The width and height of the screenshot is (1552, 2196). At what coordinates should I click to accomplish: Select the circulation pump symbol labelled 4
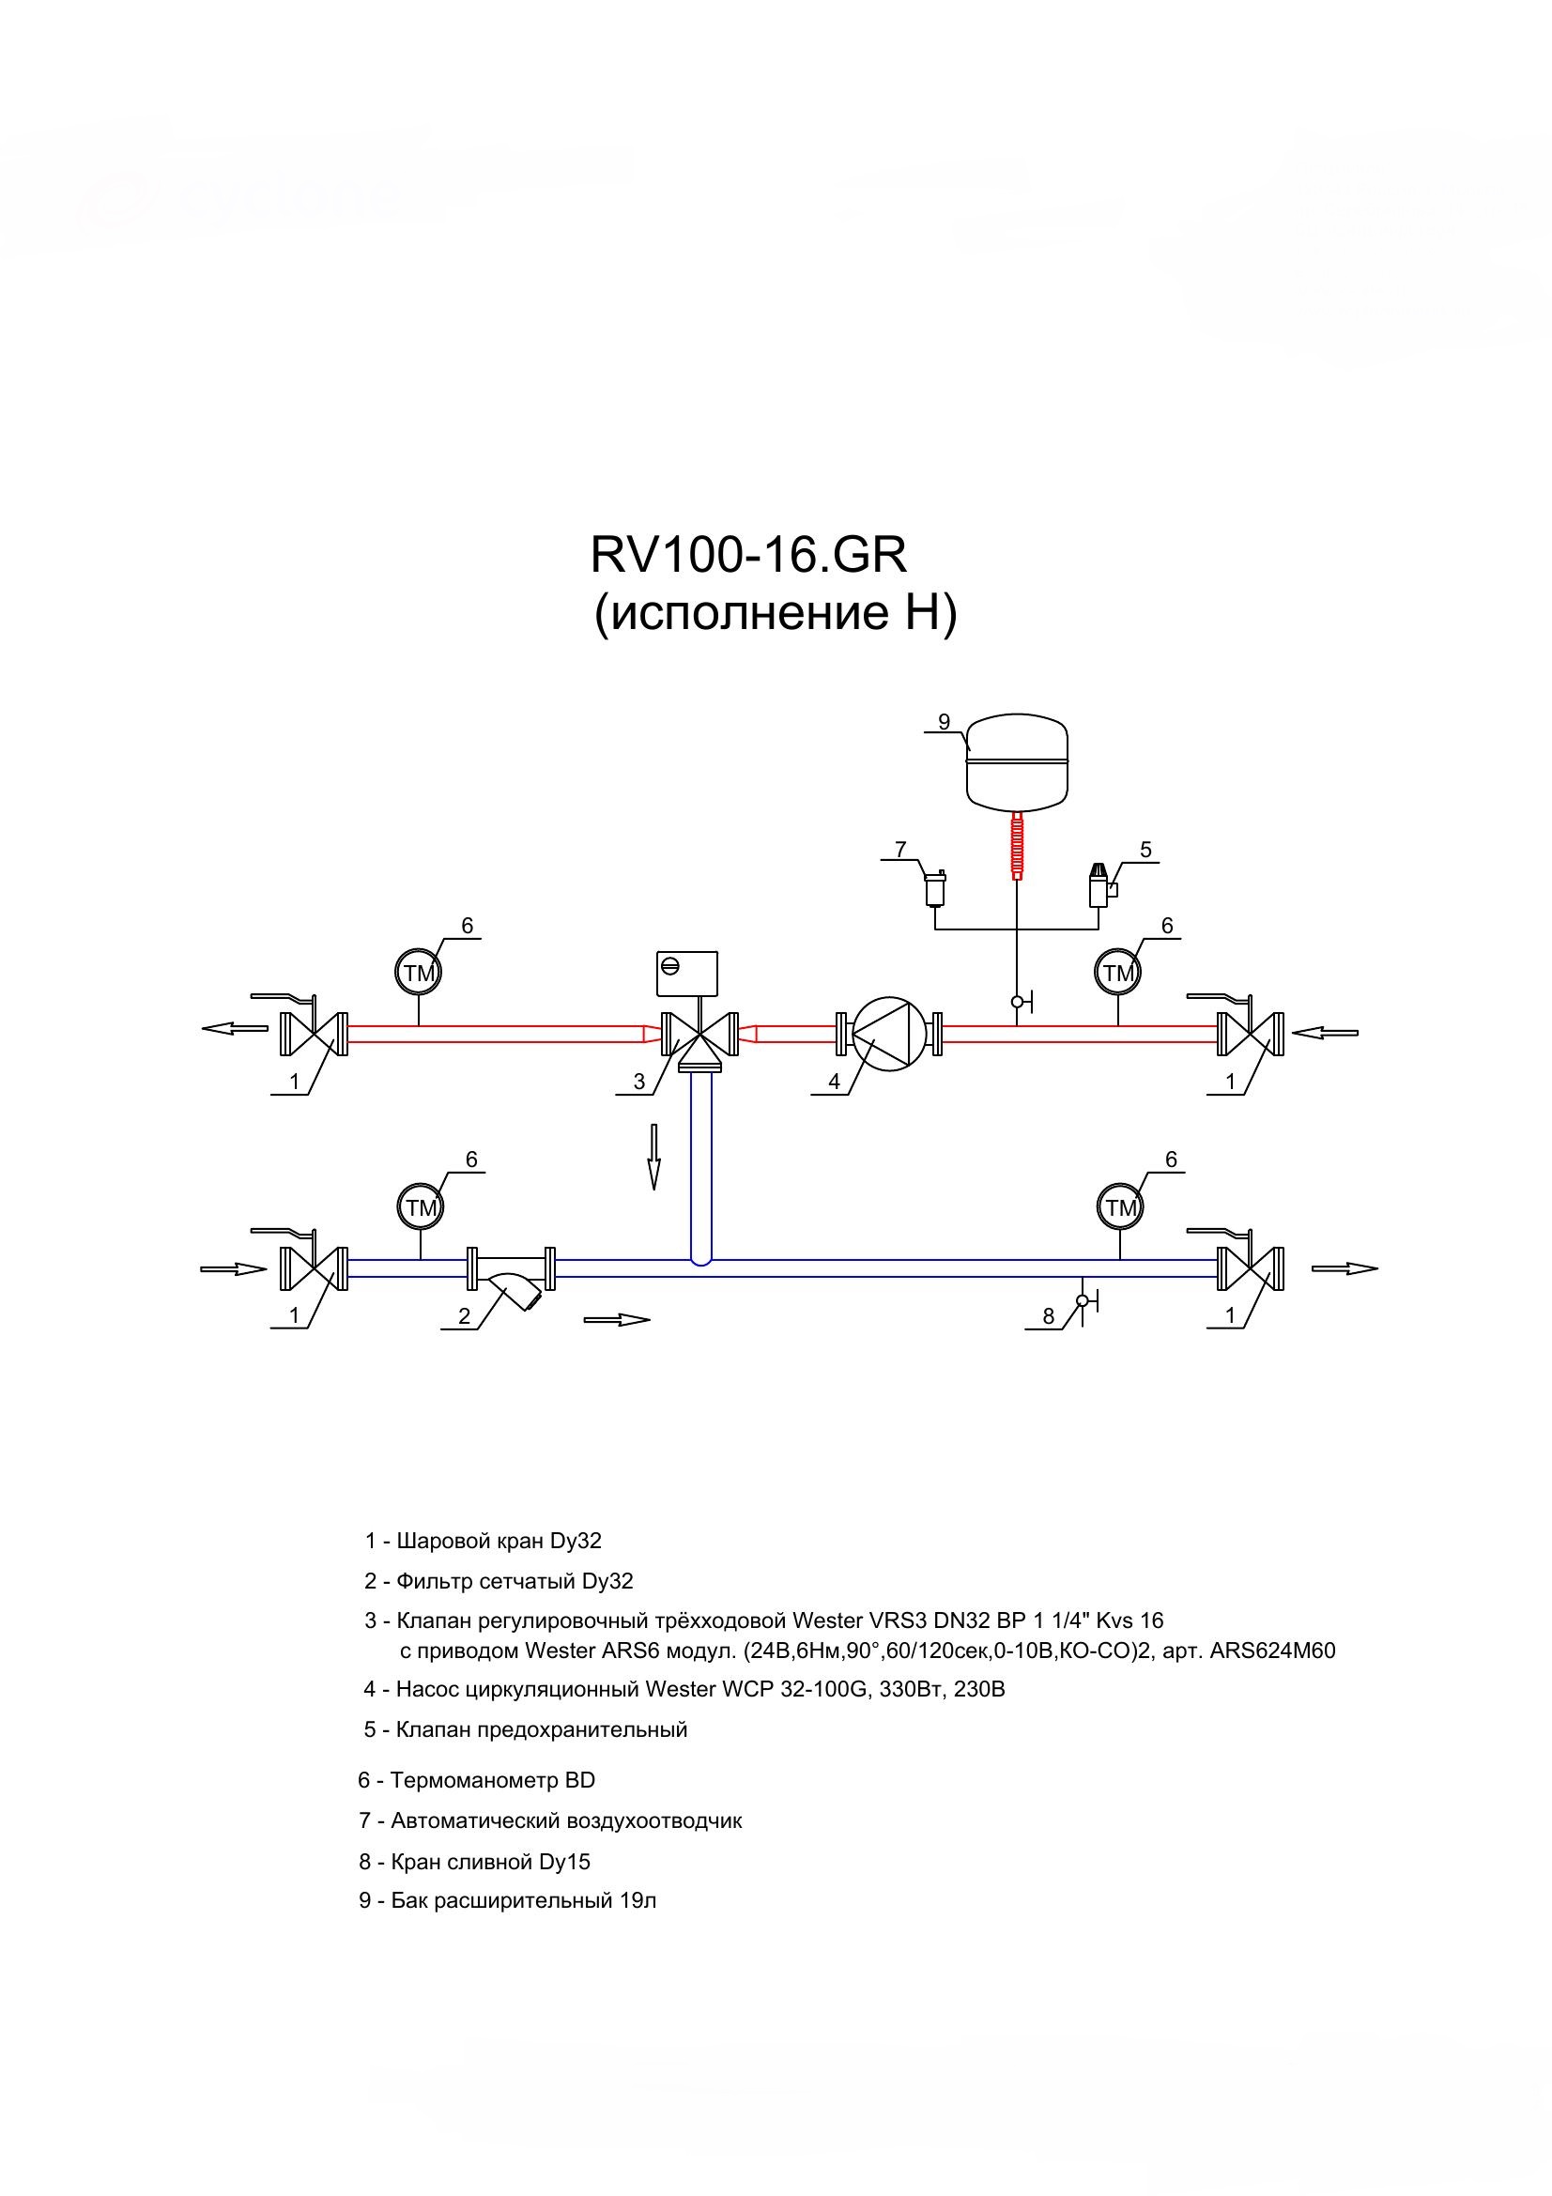pos(888,1034)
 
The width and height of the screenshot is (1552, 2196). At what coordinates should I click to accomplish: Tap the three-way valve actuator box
pos(686,973)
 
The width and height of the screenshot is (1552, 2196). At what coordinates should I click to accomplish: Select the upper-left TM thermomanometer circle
pos(419,974)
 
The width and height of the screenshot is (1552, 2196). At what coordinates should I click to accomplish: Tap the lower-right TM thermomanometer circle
pos(1121,1207)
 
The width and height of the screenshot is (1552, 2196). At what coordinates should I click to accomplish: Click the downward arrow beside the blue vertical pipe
pos(654,1157)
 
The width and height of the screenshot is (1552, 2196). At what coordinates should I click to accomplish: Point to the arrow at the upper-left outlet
pos(236,1028)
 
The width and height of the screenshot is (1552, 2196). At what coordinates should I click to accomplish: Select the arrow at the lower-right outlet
pos(1345,1268)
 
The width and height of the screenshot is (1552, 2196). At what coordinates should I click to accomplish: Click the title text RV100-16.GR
pos(748,554)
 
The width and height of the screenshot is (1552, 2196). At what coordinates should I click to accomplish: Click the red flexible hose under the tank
pos(1017,845)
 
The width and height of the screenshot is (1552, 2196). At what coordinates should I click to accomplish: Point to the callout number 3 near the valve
pos(639,1082)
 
